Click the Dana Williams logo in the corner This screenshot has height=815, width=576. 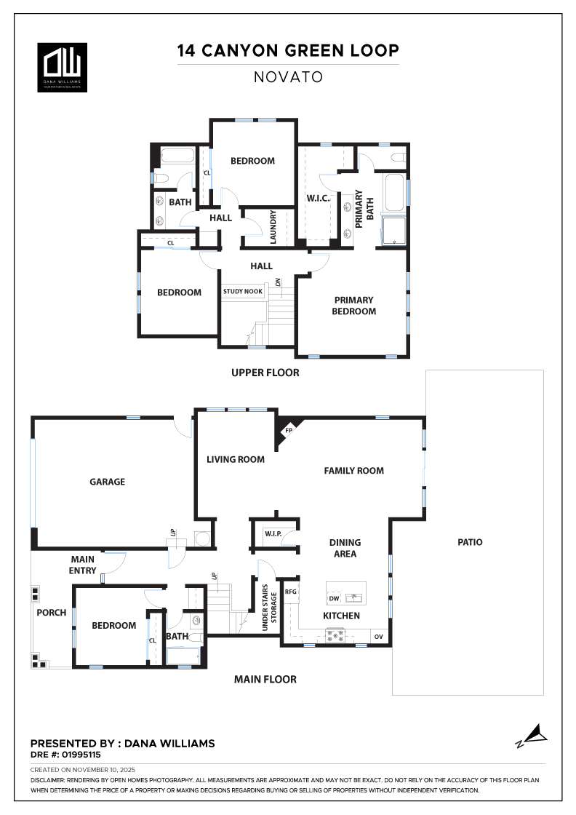(x=63, y=67)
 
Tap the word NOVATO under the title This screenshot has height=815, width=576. (x=288, y=77)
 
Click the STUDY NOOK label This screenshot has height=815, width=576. (x=243, y=291)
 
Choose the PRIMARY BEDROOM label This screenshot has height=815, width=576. (x=354, y=306)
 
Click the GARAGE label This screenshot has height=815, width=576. (x=108, y=482)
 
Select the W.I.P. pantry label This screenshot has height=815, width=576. (x=273, y=534)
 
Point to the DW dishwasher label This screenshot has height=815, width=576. (x=335, y=599)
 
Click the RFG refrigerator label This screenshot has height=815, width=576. (x=291, y=592)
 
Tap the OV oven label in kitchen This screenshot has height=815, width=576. (x=379, y=636)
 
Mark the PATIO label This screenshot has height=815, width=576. (x=470, y=542)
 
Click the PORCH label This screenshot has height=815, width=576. (x=52, y=613)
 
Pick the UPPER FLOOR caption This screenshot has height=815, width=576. (x=265, y=373)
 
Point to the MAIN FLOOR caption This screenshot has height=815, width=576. (x=265, y=680)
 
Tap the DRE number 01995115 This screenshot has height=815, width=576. (x=81, y=755)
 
